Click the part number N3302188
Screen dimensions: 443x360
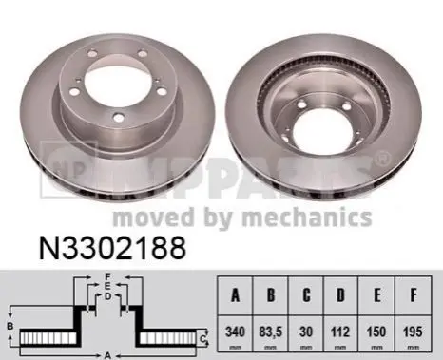[x=112, y=248]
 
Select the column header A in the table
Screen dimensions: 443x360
[x=235, y=295]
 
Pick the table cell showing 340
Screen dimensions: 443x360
[x=235, y=332]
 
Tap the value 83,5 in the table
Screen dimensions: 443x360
[x=270, y=332]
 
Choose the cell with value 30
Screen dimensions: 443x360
[x=306, y=332]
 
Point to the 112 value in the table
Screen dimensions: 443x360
[x=340, y=332]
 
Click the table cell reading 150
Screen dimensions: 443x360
[x=376, y=332]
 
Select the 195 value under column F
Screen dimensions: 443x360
[x=413, y=332]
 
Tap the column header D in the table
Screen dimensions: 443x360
[x=340, y=295]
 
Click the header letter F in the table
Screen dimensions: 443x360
[x=414, y=295]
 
